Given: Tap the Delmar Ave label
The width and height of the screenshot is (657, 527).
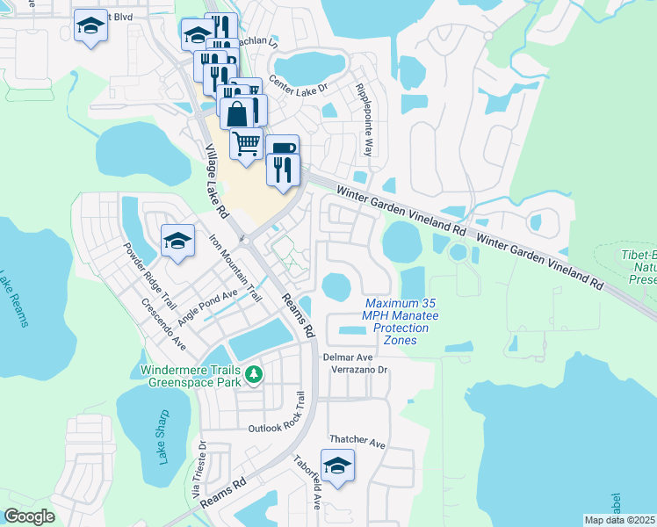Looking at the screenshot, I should [349, 357].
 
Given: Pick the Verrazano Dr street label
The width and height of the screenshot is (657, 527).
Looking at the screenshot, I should [358, 370].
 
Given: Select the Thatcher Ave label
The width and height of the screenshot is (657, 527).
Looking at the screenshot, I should [357, 443].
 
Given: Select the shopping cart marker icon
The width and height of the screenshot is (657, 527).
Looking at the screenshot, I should [247, 143].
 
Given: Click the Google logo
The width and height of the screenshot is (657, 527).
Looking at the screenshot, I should [29, 517].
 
